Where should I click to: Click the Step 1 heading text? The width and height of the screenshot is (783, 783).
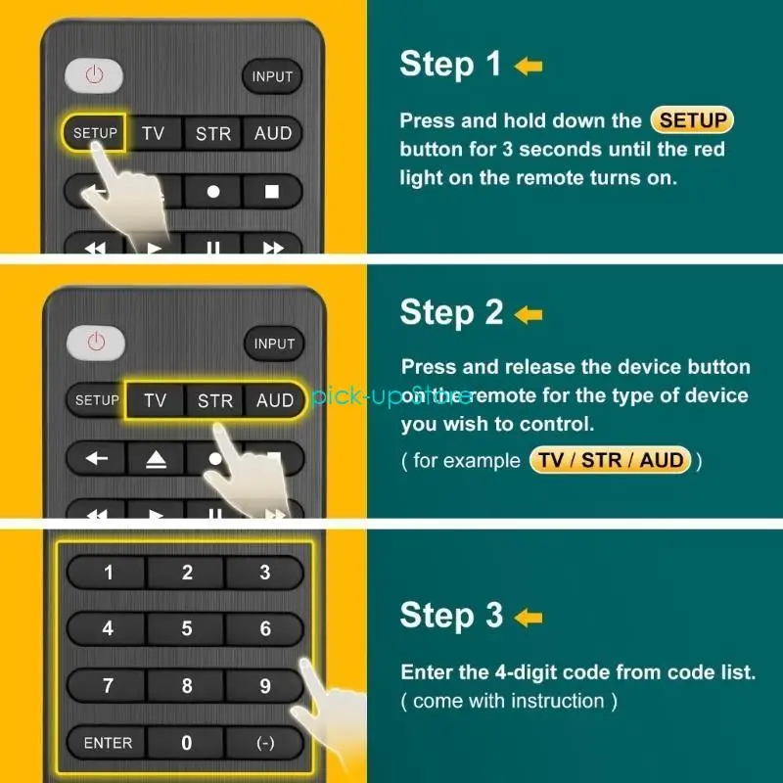tap(450, 65)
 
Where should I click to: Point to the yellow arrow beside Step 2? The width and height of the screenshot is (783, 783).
tap(529, 314)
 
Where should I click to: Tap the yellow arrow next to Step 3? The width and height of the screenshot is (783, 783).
tap(529, 617)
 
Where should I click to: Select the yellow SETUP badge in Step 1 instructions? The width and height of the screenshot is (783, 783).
tap(692, 121)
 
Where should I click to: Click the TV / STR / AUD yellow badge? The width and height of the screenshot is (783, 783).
tap(611, 460)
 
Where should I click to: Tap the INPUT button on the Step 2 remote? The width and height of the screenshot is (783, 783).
tap(274, 344)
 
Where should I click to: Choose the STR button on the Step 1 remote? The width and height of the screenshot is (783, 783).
tap(213, 134)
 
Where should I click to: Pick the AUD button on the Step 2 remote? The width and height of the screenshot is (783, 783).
tap(275, 400)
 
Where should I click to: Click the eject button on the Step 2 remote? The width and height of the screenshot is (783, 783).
tap(157, 458)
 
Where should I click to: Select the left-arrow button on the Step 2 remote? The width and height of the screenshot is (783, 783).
tap(97, 458)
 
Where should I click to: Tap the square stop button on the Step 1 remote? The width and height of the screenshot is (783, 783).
tap(273, 191)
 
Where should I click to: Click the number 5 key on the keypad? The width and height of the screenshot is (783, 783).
tap(187, 629)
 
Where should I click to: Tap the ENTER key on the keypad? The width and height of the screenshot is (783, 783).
tap(108, 743)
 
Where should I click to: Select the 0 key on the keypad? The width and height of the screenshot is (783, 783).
tap(187, 743)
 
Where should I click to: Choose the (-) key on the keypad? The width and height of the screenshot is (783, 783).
tap(265, 743)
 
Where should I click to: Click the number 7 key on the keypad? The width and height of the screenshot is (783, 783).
tap(108, 686)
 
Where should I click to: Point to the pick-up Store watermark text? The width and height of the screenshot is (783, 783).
tap(391, 396)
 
